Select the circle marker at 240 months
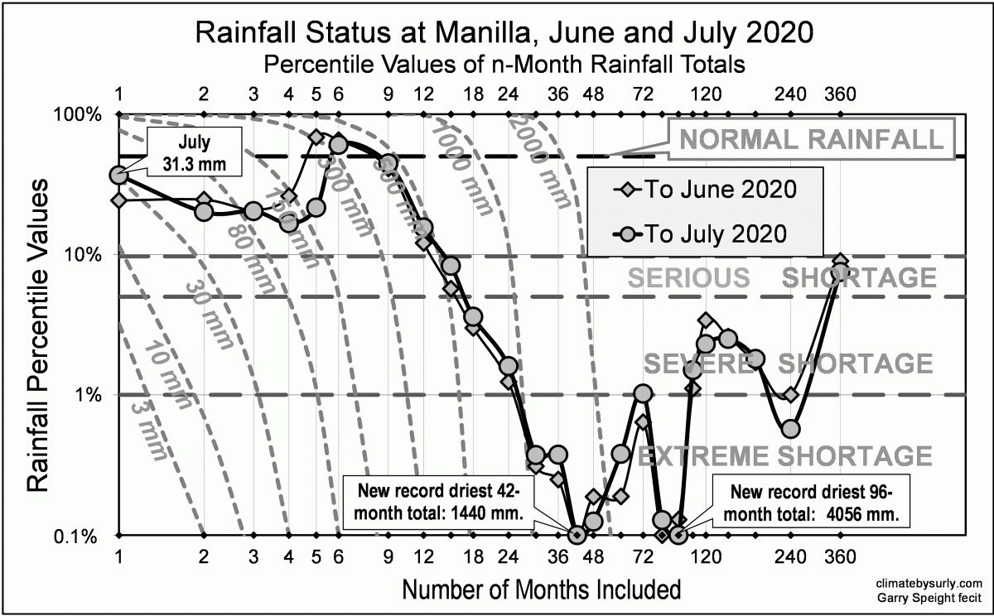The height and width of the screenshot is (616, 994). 790,429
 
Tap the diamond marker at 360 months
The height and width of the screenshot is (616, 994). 839,262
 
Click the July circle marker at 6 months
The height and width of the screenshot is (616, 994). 338,145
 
